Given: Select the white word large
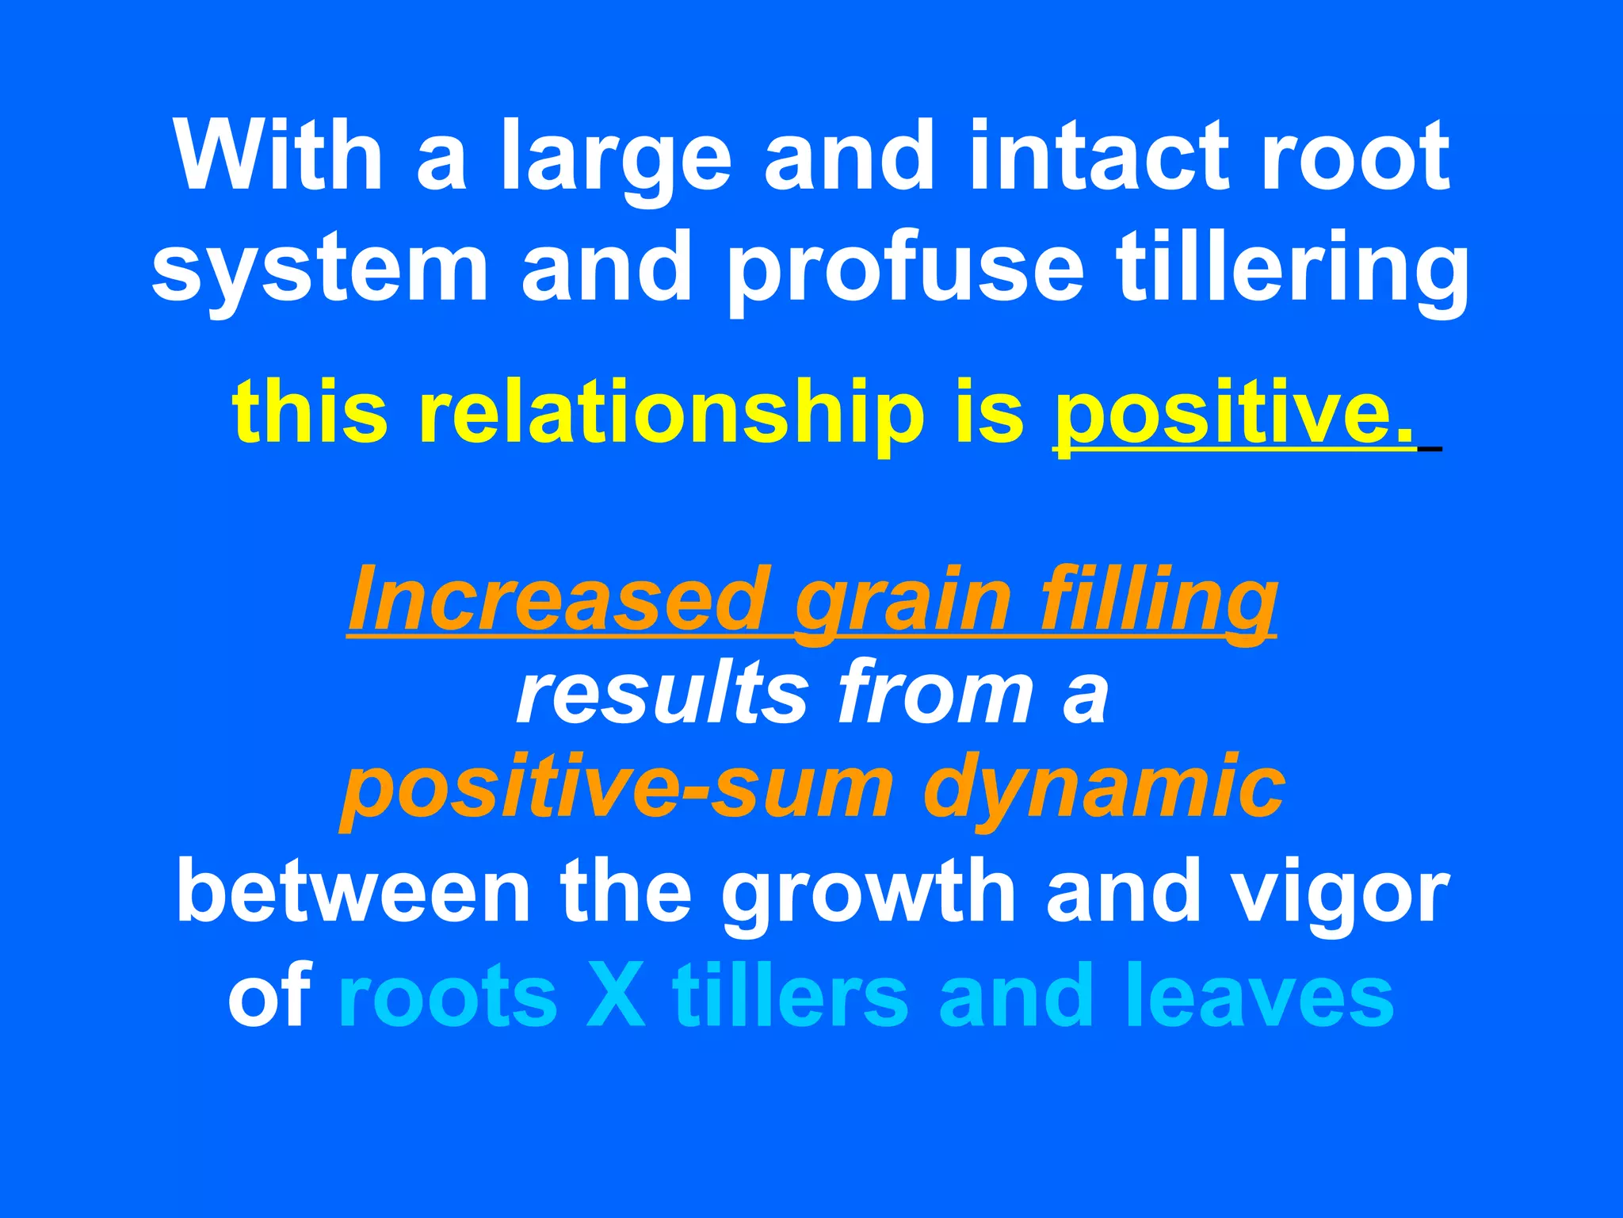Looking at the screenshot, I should click(x=615, y=159).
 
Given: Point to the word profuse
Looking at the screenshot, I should click(x=904, y=270).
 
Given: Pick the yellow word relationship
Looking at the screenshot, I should click(x=672, y=413).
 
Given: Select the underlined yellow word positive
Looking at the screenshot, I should click(x=1233, y=413).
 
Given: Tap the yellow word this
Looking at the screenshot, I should click(x=310, y=412).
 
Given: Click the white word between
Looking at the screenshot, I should click(x=353, y=891).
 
